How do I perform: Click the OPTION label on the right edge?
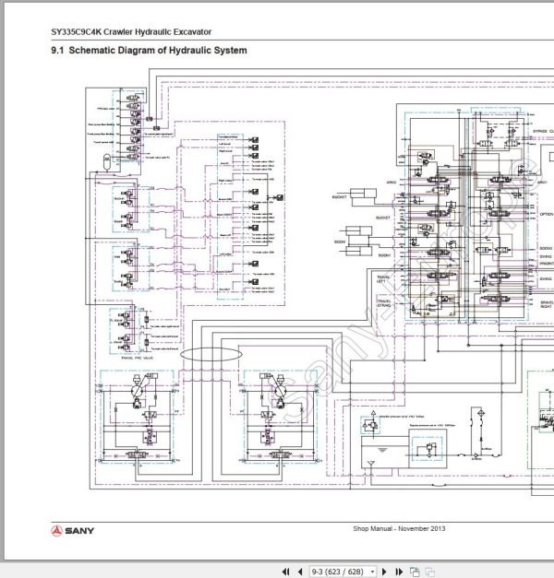click(546, 214)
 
